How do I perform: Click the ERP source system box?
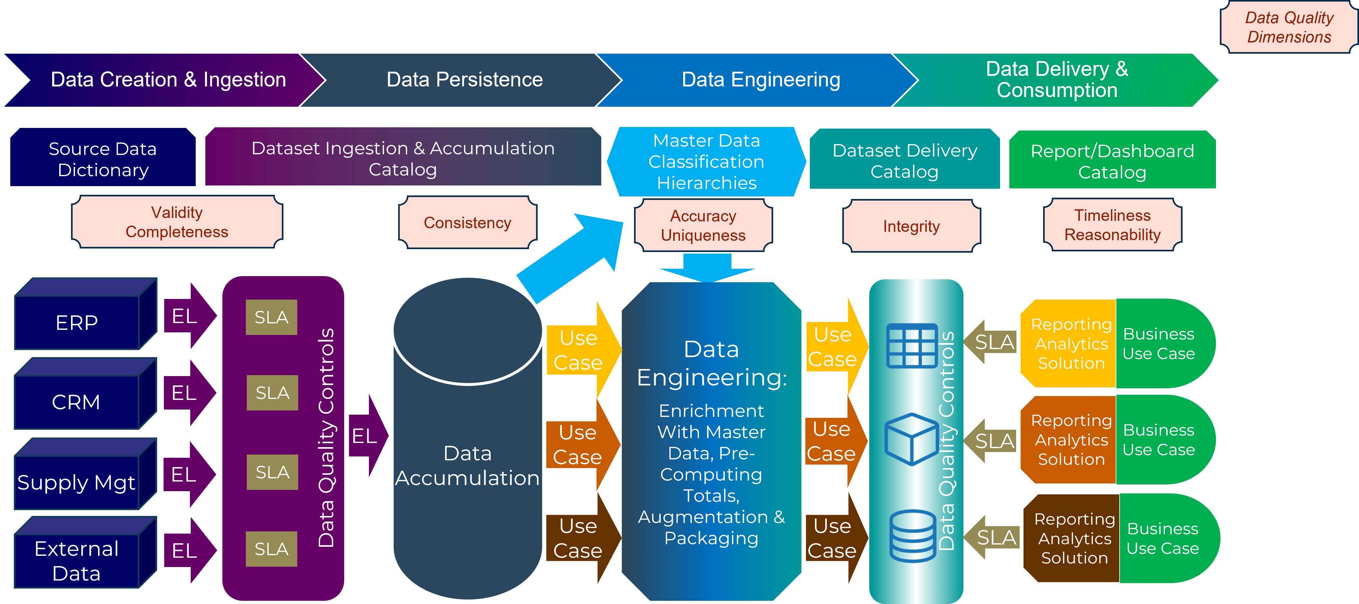[77, 322]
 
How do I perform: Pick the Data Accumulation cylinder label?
[468, 465]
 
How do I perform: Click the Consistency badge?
[468, 223]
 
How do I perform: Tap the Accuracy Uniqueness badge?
[703, 226]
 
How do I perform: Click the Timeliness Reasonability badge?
[1112, 225]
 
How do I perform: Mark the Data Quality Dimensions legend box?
[1289, 27]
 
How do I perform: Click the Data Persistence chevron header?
[464, 80]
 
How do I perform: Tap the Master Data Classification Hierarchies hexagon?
[706, 161]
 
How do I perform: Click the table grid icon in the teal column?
[912, 346]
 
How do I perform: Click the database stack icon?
[912, 536]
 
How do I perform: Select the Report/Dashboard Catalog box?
[1112, 161]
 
